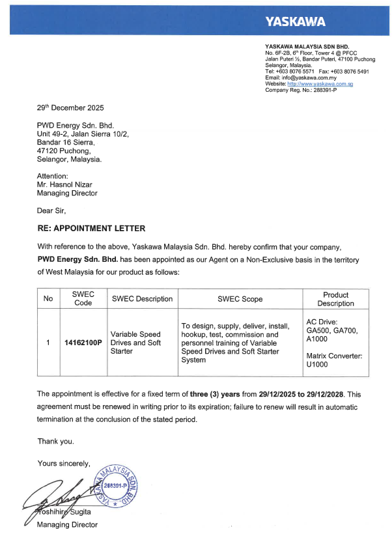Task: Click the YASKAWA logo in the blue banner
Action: [x=295, y=23]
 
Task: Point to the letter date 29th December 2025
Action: [x=70, y=108]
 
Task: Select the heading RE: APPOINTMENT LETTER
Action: [x=91, y=229]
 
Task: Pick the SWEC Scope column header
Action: [x=240, y=299]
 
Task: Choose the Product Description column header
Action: [x=335, y=299]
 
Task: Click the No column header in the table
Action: [x=48, y=299]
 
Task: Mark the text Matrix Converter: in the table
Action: [x=333, y=356]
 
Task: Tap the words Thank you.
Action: [x=55, y=441]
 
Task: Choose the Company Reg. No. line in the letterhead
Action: [x=301, y=90]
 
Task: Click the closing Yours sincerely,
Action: [x=64, y=464]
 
